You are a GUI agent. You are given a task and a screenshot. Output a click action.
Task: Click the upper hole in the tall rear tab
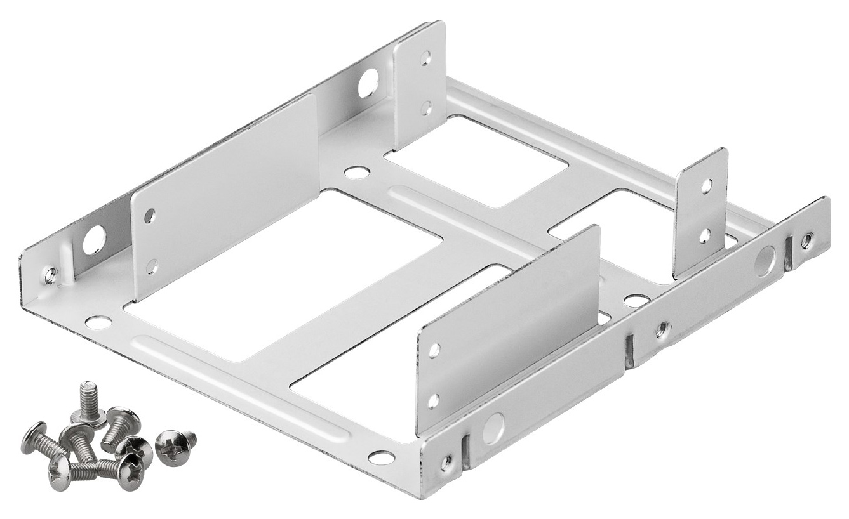[x=425, y=58]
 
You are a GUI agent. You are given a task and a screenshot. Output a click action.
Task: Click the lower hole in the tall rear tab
[x=426, y=107]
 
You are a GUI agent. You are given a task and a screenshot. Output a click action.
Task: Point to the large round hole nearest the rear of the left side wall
[x=368, y=84]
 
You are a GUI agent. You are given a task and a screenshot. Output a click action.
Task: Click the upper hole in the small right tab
[x=705, y=185]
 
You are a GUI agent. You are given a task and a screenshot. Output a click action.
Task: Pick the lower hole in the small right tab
[x=705, y=236]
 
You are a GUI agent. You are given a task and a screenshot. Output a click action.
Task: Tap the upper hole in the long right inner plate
[x=434, y=350]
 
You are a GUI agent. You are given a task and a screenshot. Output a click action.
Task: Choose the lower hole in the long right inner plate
[x=433, y=400]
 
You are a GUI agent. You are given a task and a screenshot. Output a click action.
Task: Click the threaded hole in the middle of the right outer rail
[x=662, y=329]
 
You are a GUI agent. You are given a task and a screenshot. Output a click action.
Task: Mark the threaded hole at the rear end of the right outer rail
[x=806, y=240]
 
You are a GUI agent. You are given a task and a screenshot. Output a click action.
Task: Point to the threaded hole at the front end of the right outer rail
[x=447, y=462]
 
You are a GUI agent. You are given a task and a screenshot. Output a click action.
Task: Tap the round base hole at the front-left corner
[x=98, y=322]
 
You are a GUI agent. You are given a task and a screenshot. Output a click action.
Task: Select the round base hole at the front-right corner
[x=382, y=457]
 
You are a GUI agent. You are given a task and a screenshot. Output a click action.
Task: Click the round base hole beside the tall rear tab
[x=357, y=172]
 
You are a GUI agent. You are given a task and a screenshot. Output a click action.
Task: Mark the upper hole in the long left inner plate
[x=149, y=216]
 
